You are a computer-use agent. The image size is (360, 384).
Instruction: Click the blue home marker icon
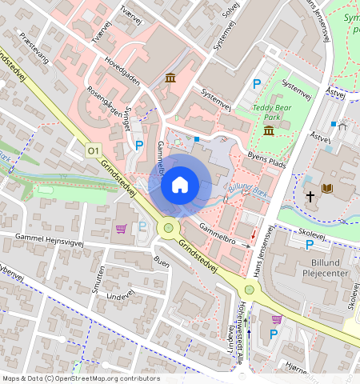tap(180, 185)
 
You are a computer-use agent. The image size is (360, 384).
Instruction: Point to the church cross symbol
tap(310, 196)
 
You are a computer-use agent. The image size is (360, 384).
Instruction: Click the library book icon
tap(326, 189)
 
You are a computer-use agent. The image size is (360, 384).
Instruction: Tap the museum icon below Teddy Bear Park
tap(268, 130)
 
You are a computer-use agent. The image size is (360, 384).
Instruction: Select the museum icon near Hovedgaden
tap(170, 78)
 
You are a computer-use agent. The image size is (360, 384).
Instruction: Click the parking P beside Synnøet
tap(138, 145)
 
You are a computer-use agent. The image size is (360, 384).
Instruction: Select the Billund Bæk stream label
tap(249, 190)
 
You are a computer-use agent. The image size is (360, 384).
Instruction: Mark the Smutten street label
tap(98, 280)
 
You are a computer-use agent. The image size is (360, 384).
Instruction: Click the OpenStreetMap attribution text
tap(81, 378)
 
